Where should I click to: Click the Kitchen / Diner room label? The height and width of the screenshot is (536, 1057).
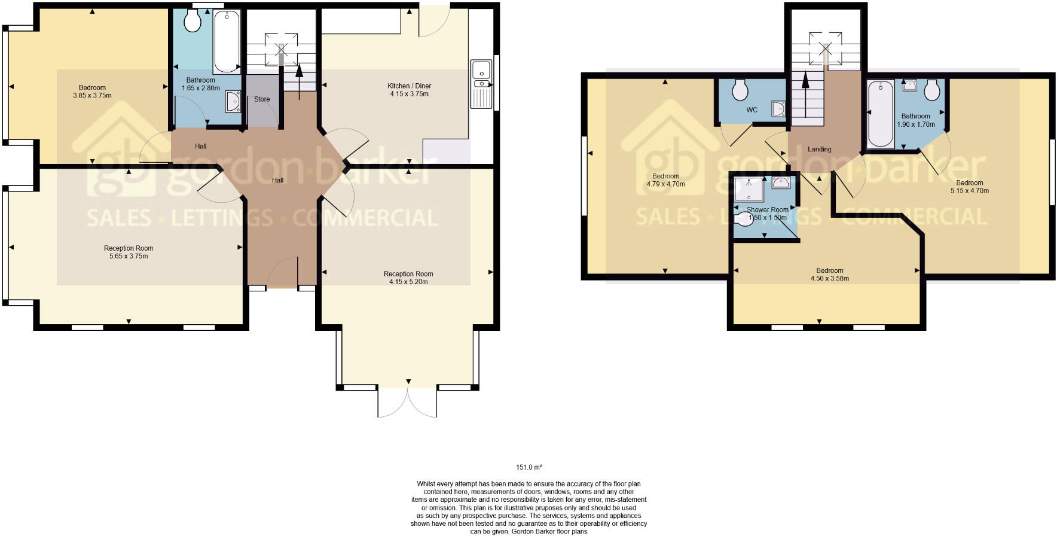click(x=409, y=86)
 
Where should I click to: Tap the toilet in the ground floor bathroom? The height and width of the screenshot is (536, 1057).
click(x=193, y=21)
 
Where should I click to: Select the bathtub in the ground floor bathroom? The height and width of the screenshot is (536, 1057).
click(x=227, y=41)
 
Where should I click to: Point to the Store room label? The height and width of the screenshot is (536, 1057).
click(x=262, y=99)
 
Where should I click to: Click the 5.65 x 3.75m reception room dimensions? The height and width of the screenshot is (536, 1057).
click(x=128, y=256)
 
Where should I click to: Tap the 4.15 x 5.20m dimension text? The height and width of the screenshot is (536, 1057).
click(x=408, y=282)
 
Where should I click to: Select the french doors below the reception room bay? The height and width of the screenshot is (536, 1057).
click(x=407, y=402)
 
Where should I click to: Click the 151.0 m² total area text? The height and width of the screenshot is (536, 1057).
click(x=529, y=467)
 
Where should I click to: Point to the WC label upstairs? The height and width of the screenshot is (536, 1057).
click(x=751, y=110)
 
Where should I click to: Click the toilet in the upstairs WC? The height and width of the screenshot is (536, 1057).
click(x=740, y=90)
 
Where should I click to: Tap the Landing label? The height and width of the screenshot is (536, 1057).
click(x=819, y=150)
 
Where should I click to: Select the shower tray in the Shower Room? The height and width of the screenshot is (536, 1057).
click(x=749, y=189)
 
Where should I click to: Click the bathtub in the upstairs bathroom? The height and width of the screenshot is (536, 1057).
click(x=880, y=114)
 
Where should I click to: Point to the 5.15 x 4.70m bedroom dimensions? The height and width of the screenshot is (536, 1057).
click(x=969, y=191)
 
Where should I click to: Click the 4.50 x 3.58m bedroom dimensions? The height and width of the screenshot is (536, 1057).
click(x=829, y=278)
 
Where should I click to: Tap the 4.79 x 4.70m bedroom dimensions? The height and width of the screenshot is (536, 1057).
click(x=665, y=184)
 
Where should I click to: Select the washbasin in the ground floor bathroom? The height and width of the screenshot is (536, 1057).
click(x=233, y=102)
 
